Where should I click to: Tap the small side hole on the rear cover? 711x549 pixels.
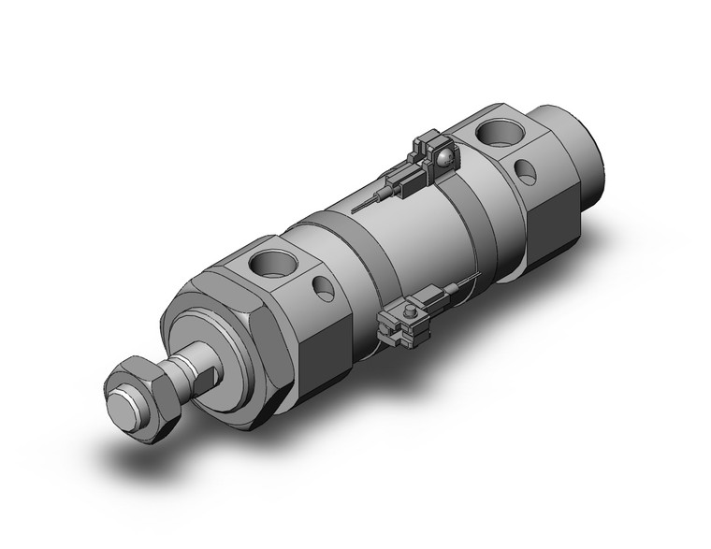(x=528, y=172)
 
